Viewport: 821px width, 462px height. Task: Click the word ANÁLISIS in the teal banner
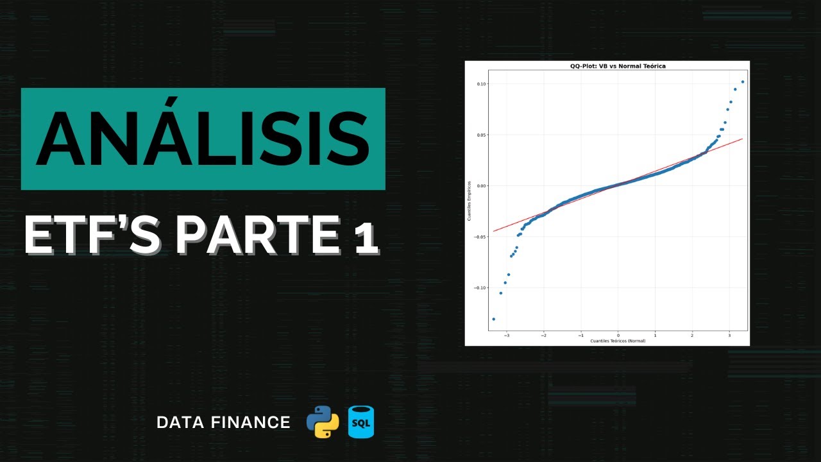(203, 139)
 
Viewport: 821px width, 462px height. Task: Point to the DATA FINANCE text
(223, 422)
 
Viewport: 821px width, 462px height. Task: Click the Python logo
(323, 422)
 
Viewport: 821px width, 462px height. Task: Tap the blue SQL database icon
(361, 422)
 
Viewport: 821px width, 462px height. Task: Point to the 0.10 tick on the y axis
(482, 84)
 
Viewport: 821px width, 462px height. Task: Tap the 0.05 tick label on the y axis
(482, 135)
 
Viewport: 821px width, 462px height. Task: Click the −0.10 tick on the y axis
(480, 287)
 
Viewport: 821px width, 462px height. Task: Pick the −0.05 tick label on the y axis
(480, 237)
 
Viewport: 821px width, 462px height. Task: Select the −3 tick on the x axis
(506, 335)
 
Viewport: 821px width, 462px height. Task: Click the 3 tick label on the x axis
(729, 335)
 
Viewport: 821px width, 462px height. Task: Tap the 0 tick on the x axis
(618, 335)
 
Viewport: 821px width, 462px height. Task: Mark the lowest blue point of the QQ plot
(493, 319)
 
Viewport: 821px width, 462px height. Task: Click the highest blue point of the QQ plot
(743, 81)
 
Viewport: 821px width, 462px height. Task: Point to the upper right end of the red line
(743, 138)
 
